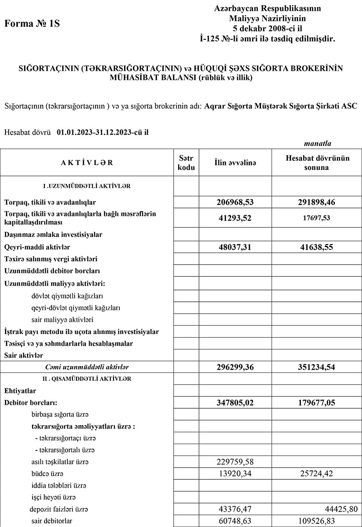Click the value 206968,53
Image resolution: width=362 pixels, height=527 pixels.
(x=235, y=202)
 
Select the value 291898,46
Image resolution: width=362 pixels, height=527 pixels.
(x=316, y=202)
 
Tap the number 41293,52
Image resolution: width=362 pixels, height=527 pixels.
(x=235, y=218)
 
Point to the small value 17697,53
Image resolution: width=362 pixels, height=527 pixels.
(x=316, y=218)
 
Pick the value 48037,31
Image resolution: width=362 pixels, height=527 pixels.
(x=235, y=247)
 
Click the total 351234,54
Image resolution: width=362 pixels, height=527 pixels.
(x=316, y=367)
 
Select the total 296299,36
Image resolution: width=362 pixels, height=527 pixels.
(x=235, y=367)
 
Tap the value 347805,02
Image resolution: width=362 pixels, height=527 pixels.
(x=235, y=402)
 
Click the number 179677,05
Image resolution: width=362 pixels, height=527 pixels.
(x=316, y=402)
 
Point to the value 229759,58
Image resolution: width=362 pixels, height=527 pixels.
(x=235, y=462)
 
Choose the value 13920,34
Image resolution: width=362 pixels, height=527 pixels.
(x=235, y=474)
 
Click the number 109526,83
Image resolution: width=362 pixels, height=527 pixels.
(x=316, y=521)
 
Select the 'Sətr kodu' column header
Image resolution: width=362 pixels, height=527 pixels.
(x=186, y=163)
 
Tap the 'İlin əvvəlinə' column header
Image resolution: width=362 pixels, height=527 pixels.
(x=235, y=163)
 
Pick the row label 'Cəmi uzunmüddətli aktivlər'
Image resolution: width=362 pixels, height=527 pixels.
(x=84, y=367)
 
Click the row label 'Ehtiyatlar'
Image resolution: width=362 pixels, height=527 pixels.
(x=20, y=390)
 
